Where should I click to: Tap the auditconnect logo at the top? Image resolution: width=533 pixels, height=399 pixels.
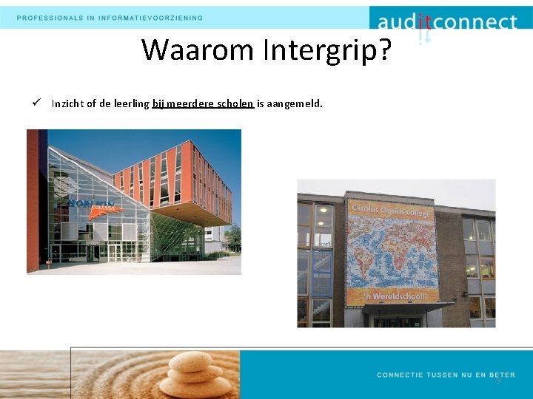click(446, 23)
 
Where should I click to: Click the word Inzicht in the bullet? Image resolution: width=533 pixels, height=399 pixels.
click(67, 103)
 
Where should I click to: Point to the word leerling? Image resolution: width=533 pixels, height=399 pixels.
click(133, 103)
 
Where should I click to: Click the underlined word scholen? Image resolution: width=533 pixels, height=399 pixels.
click(235, 103)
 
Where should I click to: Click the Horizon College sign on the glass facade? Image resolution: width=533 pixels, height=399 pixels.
click(92, 204)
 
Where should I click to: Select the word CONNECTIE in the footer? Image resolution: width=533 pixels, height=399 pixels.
click(401, 375)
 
